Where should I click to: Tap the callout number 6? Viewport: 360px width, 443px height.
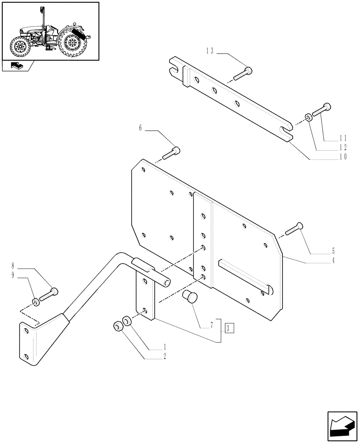click(x=141, y=128)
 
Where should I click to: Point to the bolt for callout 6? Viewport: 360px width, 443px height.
click(x=171, y=152)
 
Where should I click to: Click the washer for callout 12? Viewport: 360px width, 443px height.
click(x=307, y=117)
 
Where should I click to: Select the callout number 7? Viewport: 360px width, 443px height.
click(x=212, y=325)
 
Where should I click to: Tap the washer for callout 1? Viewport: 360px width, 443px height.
click(x=126, y=320)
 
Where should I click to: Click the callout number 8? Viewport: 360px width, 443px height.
click(x=13, y=267)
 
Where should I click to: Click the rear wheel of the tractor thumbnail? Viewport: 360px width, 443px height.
click(x=70, y=44)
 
